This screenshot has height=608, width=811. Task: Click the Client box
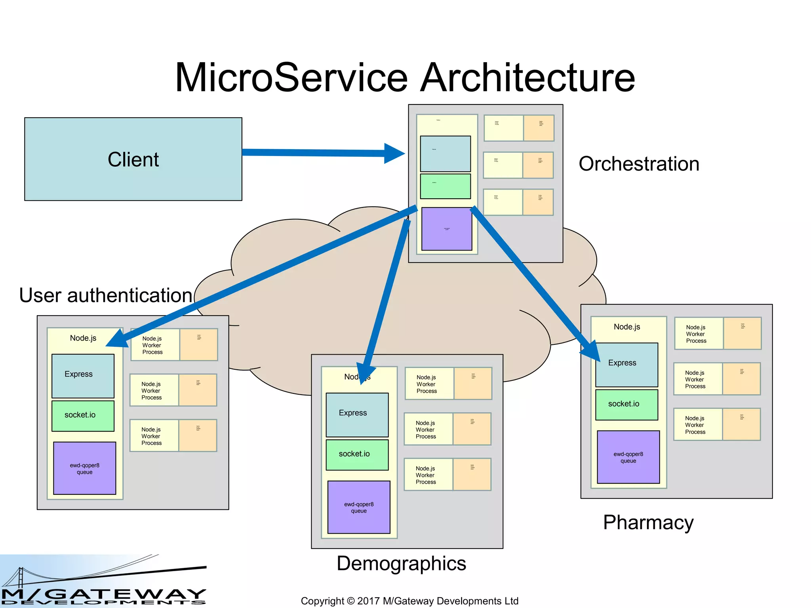pyautogui.click(x=133, y=159)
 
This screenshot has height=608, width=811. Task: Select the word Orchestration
pyautogui.click(x=639, y=164)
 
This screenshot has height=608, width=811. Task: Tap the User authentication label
pyautogui.click(x=106, y=295)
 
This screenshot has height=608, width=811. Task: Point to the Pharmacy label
pyautogui.click(x=648, y=522)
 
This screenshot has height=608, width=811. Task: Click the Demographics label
pyautogui.click(x=401, y=563)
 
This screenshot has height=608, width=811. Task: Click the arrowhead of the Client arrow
pyautogui.click(x=394, y=153)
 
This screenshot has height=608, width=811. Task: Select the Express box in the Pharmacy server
pyautogui.click(x=626, y=365)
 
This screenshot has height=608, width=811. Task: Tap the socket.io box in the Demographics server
pyautogui.click(x=357, y=454)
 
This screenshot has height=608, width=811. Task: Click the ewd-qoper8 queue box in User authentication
pyautogui.click(x=84, y=468)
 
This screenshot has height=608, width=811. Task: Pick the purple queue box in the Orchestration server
pyautogui.click(x=447, y=229)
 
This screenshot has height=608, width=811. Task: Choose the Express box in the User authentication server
pyautogui.click(x=83, y=376)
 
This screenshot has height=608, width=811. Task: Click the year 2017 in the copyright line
pyautogui.click(x=368, y=601)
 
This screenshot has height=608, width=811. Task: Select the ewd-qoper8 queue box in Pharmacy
pyautogui.click(x=628, y=457)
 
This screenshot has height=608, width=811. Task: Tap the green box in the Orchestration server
pyautogui.click(x=445, y=186)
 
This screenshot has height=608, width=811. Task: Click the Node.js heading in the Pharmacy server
pyautogui.click(x=626, y=327)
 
